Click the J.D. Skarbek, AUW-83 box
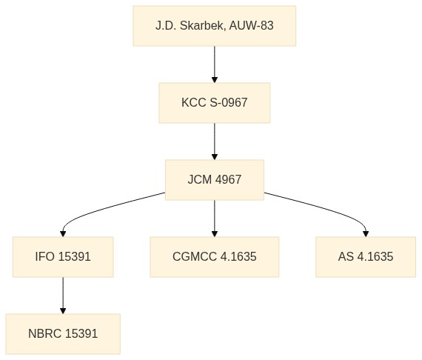215,26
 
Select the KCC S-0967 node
215,103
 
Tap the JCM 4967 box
215,180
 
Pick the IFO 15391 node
63,257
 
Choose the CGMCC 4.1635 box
215,257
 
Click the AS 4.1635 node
366,257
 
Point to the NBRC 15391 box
63,334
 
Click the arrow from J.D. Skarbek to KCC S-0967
215,64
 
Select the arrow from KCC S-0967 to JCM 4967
215,141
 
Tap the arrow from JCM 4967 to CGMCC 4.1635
215,219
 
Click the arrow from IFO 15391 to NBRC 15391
63,296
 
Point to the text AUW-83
252,26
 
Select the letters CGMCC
195,256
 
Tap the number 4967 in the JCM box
228,179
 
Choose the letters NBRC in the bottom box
45,333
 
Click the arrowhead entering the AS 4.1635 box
366,234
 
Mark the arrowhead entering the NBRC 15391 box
63,310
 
